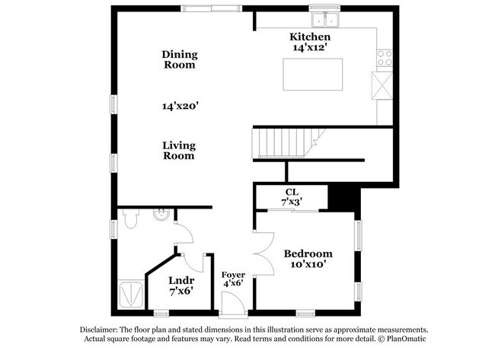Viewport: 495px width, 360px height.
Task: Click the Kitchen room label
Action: [x=309, y=37]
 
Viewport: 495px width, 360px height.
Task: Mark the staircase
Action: [x=283, y=142]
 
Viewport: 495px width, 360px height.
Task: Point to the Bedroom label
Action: [x=308, y=253]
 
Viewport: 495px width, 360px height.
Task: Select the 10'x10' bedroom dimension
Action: [x=308, y=265]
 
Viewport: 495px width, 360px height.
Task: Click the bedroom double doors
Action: [x=263, y=253]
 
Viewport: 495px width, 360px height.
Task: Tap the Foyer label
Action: [x=233, y=274]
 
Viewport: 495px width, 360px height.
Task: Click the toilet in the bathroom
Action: [x=129, y=220]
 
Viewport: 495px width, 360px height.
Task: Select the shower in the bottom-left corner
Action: [x=132, y=294]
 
